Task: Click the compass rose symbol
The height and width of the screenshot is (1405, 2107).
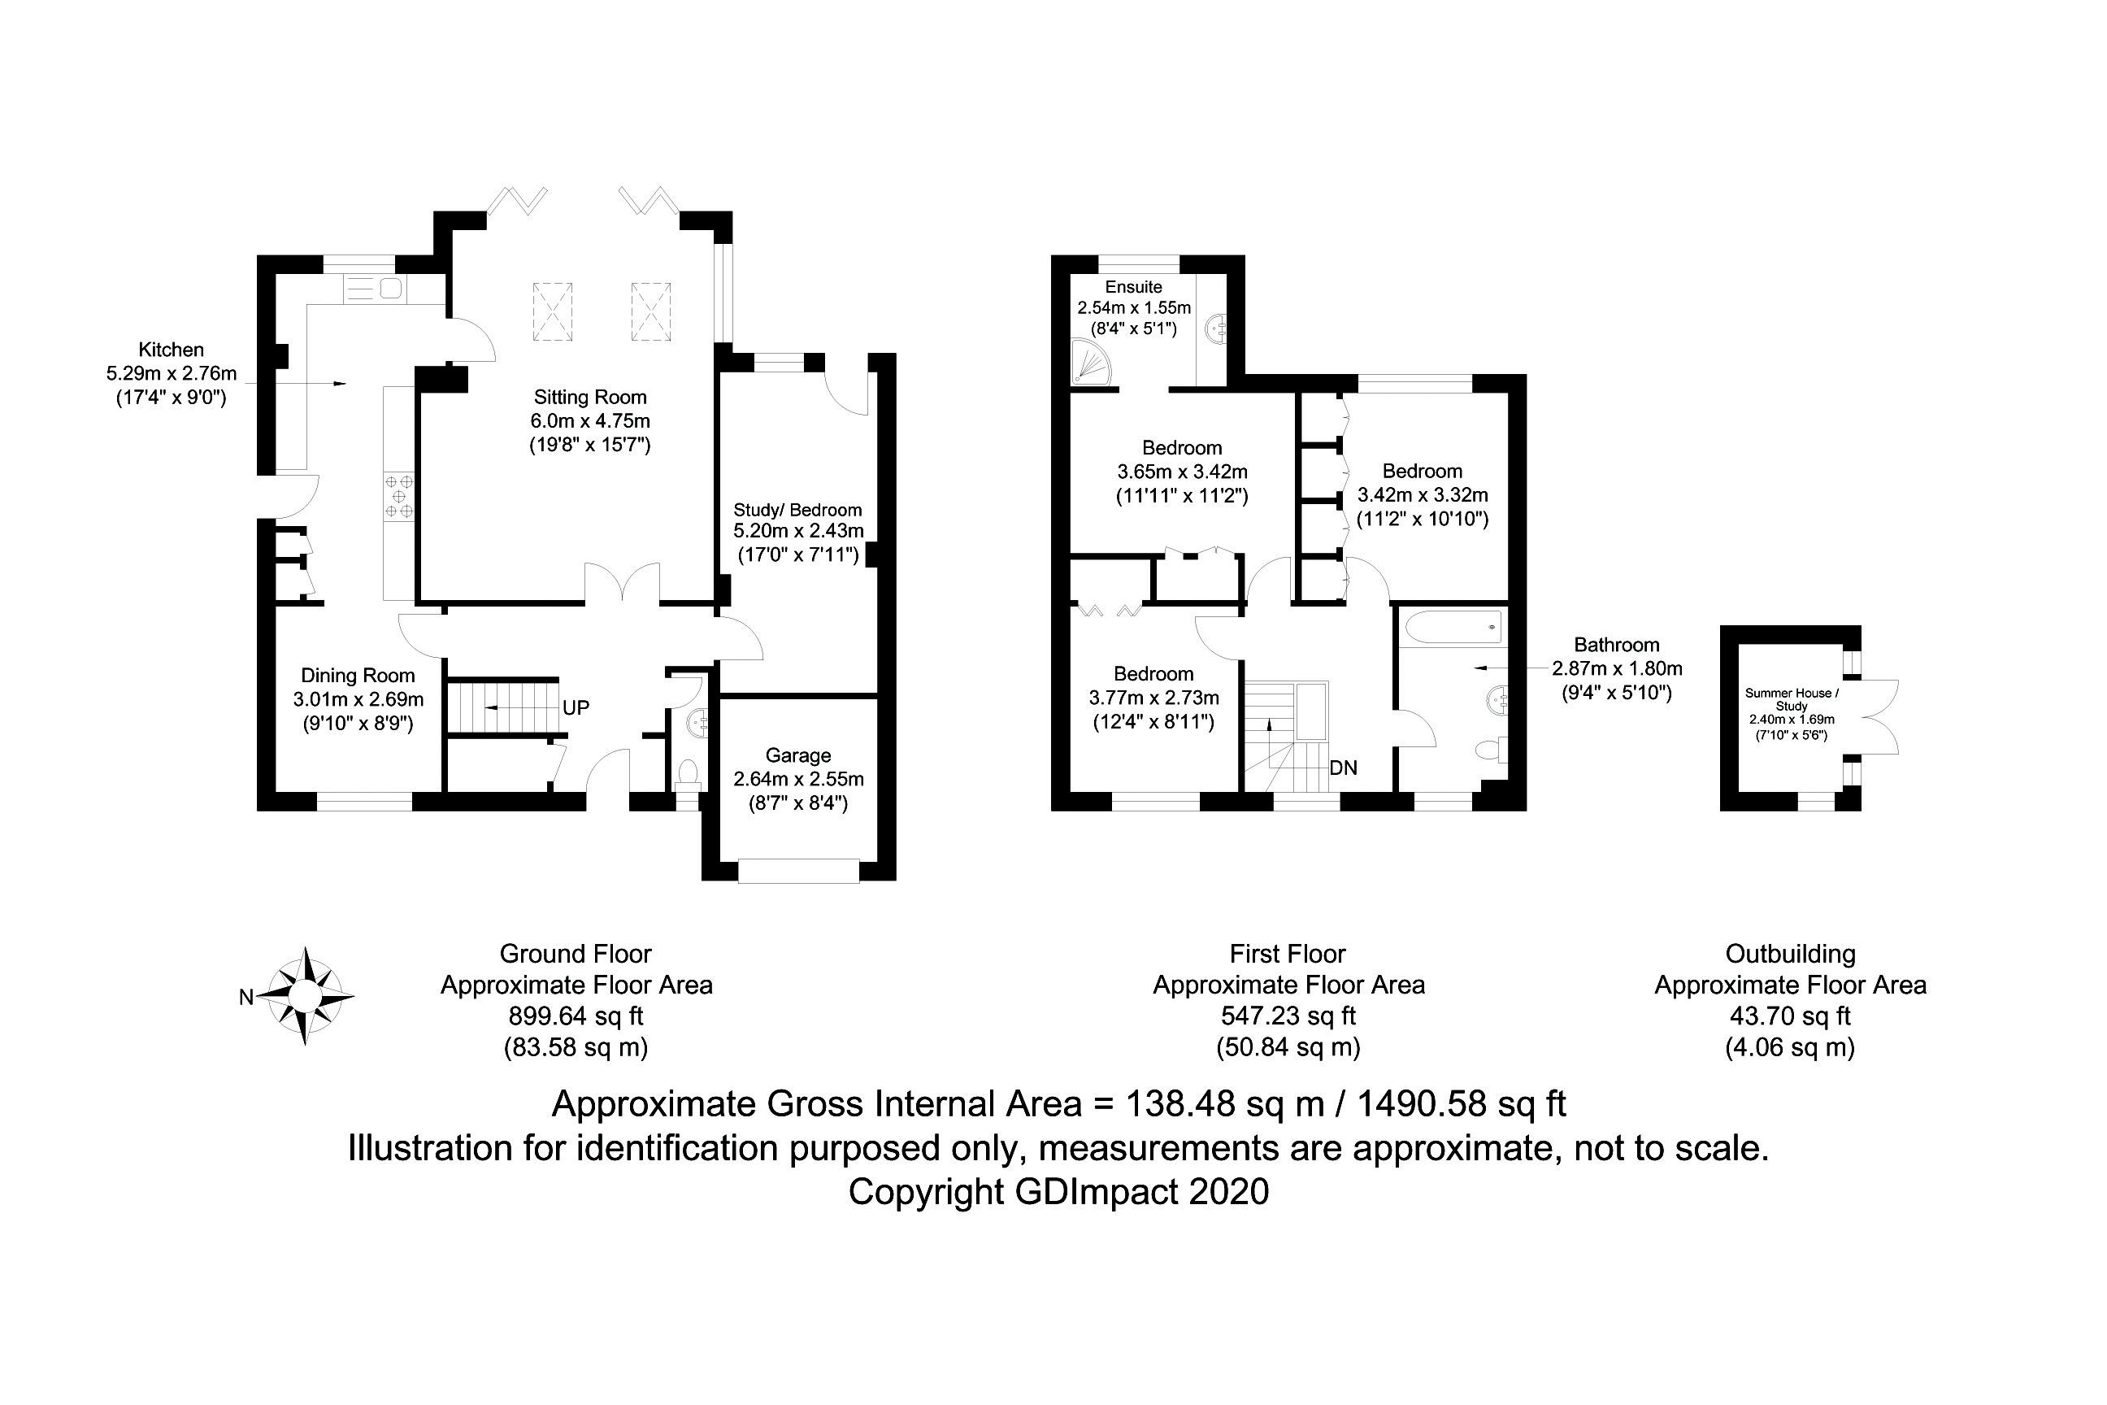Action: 305,995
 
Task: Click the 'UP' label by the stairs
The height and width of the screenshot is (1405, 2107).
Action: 576,708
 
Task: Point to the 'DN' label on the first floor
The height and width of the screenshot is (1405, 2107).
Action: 1343,768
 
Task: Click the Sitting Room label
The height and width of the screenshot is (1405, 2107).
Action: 589,397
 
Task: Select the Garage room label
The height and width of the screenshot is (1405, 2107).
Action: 797,755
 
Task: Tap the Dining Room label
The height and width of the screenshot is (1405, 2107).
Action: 358,676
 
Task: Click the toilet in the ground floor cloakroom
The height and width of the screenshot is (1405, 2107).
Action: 688,775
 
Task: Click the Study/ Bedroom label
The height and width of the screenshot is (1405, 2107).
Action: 797,510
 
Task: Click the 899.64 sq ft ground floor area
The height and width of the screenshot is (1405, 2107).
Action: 576,1016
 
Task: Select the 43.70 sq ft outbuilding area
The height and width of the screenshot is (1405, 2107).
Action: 1790,1016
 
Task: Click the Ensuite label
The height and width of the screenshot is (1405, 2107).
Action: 1133,287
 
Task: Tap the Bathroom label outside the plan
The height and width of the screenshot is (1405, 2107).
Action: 1616,644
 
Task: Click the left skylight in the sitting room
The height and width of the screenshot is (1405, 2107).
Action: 553,311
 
